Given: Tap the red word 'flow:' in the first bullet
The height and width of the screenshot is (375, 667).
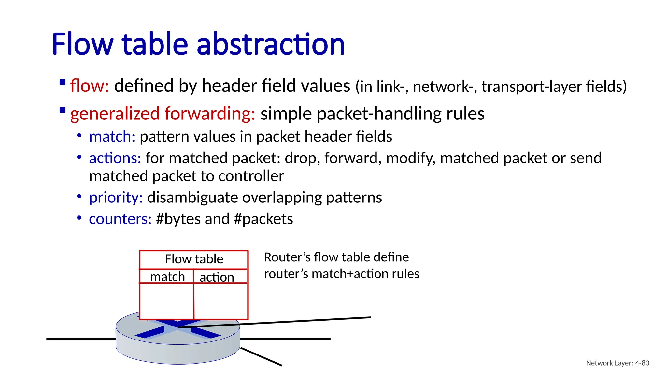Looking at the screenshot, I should tap(89, 86).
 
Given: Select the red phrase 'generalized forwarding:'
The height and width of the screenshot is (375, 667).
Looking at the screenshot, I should tap(163, 114).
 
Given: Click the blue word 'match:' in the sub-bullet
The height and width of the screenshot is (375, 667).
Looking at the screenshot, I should tap(112, 137).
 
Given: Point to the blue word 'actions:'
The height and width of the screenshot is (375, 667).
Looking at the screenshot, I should tap(115, 158).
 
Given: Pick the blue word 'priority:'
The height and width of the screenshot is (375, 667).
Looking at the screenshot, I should tap(116, 198).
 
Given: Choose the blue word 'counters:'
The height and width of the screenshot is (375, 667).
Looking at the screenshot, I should tap(120, 219).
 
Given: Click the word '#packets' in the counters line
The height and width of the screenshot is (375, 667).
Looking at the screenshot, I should tap(263, 219).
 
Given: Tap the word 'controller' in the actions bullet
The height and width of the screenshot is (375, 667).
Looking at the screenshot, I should tap(251, 176).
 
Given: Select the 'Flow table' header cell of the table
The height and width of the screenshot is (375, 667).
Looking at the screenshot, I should tap(194, 259).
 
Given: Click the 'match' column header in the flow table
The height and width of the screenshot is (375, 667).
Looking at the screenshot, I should tap(167, 277).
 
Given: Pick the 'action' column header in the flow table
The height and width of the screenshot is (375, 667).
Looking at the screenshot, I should tap(217, 277).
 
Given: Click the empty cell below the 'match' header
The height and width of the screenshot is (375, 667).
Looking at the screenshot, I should tap(166, 301).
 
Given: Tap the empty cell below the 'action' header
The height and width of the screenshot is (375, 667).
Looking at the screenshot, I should tap(220, 301).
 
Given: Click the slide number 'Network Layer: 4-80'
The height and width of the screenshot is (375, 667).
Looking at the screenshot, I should tap(617, 363).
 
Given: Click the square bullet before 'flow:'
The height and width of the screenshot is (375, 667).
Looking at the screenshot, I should tap(63, 82).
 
